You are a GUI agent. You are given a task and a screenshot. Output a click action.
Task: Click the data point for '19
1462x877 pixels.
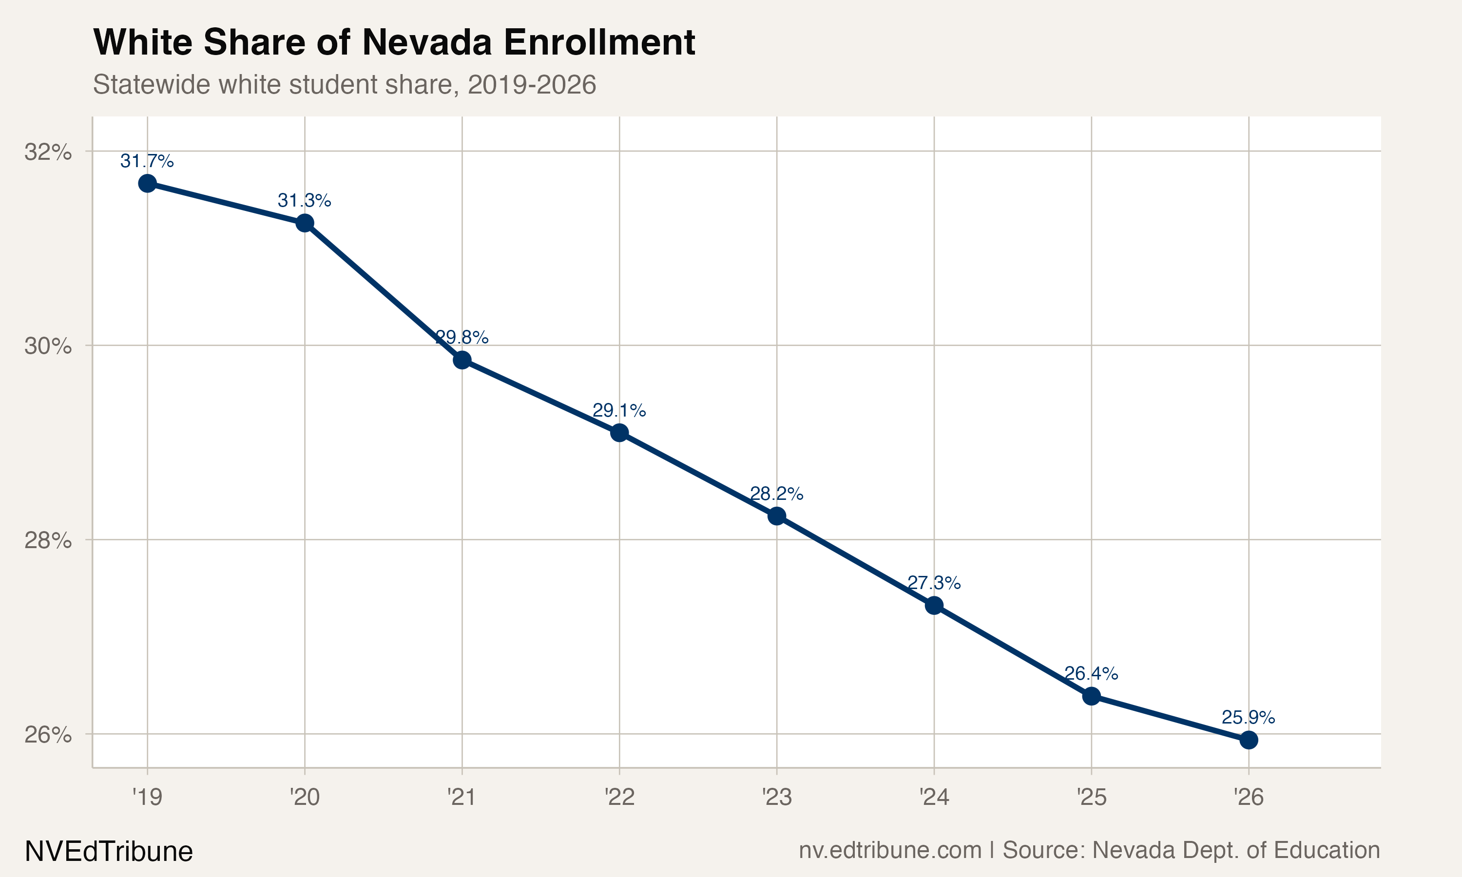point(147,183)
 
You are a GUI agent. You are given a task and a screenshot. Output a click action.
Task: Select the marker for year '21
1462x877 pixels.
point(462,360)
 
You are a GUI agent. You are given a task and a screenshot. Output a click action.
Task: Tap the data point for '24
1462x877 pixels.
point(934,605)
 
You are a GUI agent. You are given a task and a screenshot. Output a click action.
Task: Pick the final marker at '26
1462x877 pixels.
point(1249,740)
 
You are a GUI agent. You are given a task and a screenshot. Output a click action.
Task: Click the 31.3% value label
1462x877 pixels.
point(304,201)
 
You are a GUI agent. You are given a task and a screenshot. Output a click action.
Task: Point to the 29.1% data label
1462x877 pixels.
point(619,410)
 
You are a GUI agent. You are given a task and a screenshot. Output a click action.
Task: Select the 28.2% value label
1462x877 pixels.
point(776,494)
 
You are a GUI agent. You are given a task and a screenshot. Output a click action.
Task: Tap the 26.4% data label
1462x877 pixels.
point(1091,673)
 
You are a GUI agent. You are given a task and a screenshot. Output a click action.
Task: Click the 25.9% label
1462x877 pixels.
point(1248,718)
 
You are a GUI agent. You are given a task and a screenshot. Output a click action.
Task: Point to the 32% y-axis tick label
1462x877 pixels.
point(48,152)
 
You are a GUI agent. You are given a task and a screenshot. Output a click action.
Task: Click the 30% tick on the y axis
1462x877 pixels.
point(48,346)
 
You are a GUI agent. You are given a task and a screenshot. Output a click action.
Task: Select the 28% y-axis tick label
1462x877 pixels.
point(48,540)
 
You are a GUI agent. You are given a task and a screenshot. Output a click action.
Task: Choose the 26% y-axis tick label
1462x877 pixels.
point(48,735)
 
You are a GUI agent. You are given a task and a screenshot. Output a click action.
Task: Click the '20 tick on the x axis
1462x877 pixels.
point(304,797)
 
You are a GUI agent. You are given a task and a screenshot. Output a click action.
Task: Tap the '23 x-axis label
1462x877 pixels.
point(776,797)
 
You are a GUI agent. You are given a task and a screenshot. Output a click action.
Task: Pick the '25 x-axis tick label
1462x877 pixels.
point(1091,797)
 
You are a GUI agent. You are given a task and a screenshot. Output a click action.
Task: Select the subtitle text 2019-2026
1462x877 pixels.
point(531,84)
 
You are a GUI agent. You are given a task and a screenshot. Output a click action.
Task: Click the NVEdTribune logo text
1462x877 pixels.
point(109,852)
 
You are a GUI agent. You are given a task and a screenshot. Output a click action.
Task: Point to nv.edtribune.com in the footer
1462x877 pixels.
point(889,850)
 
